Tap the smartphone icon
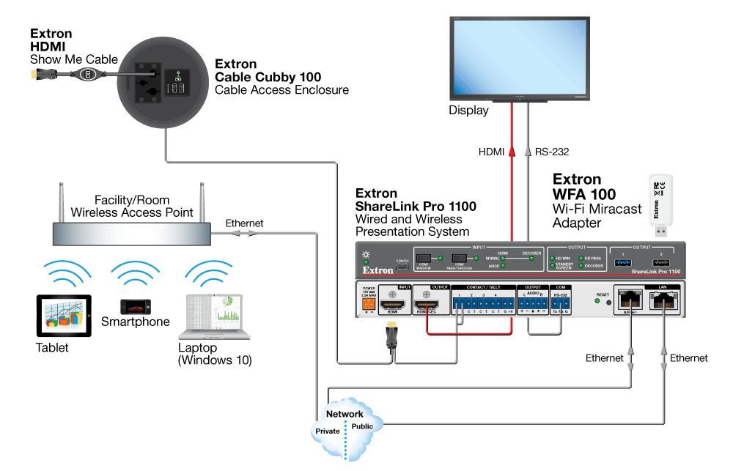tap(135, 305)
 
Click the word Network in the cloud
tap(345, 414)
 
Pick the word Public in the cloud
tap(362, 426)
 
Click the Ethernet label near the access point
tap(244, 223)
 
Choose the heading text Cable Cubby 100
tap(268, 77)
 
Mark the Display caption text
tap(468, 111)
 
